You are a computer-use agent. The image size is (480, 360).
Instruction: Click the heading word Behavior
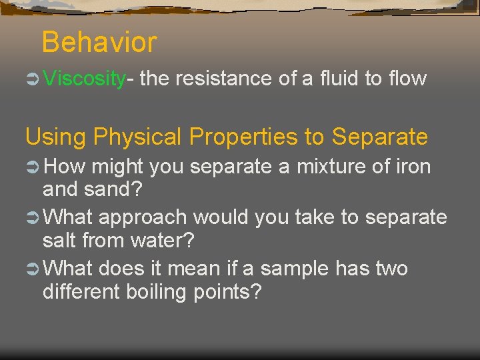click(99, 43)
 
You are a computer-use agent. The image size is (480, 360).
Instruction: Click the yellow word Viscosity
click(84, 79)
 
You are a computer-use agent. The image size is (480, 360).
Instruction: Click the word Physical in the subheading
click(138, 137)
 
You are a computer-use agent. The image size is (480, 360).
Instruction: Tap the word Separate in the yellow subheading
click(379, 137)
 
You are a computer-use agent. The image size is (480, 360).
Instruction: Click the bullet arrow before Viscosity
click(33, 79)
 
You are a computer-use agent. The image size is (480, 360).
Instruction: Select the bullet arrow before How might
click(33, 167)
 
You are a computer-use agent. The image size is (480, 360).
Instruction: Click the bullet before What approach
click(33, 218)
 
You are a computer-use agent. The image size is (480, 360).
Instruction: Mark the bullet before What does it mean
click(33, 269)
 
